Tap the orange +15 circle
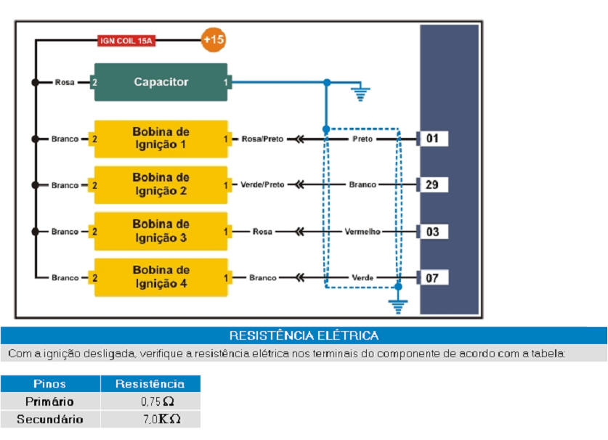(x=213, y=40)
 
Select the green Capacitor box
(x=161, y=82)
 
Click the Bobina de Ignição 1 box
(x=161, y=138)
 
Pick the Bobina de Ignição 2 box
(x=161, y=184)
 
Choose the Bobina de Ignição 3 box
(x=161, y=231)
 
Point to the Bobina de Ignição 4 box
(x=161, y=277)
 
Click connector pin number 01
(x=433, y=138)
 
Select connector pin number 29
(x=433, y=184)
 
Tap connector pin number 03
(x=433, y=232)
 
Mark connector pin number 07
(x=433, y=277)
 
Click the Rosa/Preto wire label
(x=263, y=139)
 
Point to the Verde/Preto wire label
(x=262, y=185)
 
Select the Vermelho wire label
(x=362, y=232)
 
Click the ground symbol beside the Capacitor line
(x=360, y=94)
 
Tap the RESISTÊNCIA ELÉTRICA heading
(x=304, y=335)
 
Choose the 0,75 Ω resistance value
(x=157, y=402)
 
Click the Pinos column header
(x=49, y=384)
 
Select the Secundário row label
(x=49, y=420)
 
